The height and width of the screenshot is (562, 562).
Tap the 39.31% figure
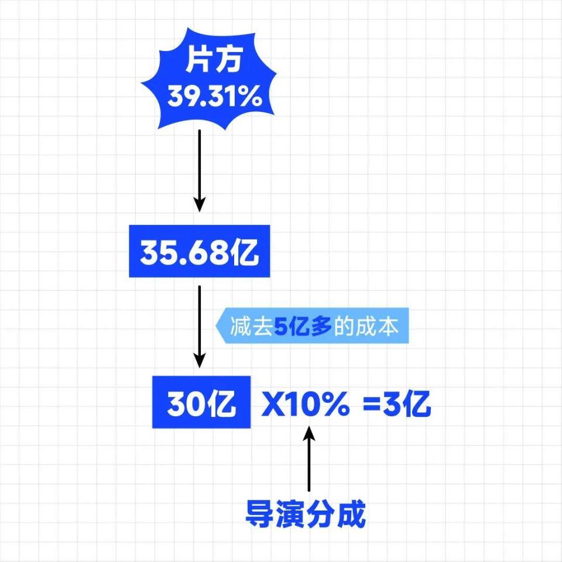[x=214, y=97]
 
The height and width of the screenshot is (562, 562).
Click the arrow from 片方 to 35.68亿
[x=200, y=170]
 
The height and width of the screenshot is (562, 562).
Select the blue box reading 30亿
[x=202, y=403]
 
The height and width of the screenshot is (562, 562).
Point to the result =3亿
[x=397, y=404]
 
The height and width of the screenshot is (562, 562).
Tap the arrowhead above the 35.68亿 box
[x=200, y=204]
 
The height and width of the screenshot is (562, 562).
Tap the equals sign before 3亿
[x=371, y=405]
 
